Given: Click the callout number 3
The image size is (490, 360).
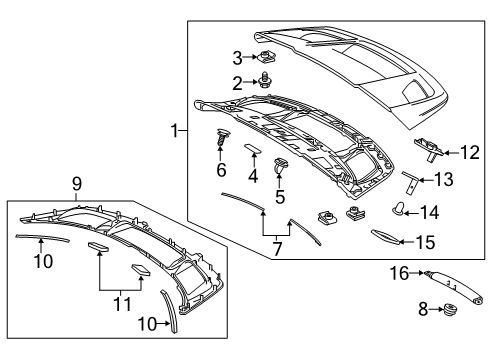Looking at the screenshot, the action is click(237, 58).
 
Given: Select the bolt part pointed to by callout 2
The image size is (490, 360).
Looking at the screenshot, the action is click(265, 80).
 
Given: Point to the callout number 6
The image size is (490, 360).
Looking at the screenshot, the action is click(221, 170).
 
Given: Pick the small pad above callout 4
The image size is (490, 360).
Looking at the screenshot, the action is click(253, 148).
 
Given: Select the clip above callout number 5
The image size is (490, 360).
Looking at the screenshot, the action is click(279, 166).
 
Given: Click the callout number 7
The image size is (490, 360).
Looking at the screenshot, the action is click(277, 249).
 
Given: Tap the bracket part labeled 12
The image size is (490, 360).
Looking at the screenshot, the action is click(429, 149).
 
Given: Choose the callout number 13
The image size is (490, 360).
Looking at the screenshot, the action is click(444, 180).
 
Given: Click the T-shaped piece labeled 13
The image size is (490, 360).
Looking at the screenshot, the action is click(410, 182).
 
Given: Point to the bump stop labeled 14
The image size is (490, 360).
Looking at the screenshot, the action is click(397, 209).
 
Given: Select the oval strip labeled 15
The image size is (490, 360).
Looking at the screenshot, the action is click(385, 237).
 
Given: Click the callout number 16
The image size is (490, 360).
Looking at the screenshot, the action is click(399, 273).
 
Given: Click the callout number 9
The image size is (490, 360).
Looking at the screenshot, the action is click(77, 184).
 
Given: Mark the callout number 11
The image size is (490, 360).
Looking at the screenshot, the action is click(122, 304).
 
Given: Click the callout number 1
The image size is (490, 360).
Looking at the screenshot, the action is click(175, 131).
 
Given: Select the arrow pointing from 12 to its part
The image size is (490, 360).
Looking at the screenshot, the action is click(451, 153).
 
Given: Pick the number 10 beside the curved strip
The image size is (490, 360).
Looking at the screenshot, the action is click(147, 324).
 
